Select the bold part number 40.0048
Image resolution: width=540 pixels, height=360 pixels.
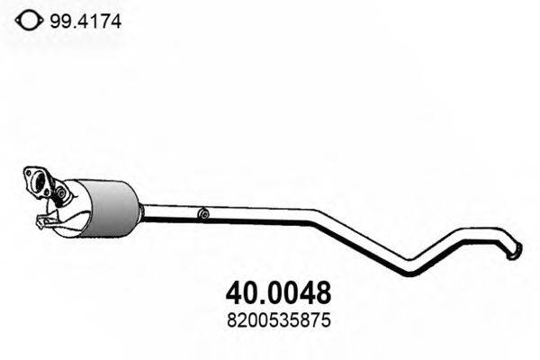[x=275, y=292]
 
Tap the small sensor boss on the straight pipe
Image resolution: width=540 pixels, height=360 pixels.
[x=204, y=214]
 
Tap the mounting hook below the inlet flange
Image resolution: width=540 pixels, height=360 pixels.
[x=43, y=220]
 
